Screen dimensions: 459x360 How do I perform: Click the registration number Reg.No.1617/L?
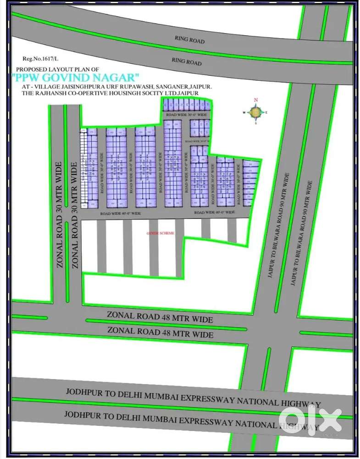point(37,59)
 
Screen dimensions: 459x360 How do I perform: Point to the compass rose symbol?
point(255,112)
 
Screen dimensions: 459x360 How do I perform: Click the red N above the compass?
point(256,100)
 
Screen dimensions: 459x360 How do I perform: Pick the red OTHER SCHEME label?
point(160,233)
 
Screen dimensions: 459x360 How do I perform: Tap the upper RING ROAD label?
point(189,40)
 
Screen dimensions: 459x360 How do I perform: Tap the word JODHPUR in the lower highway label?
point(82,414)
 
